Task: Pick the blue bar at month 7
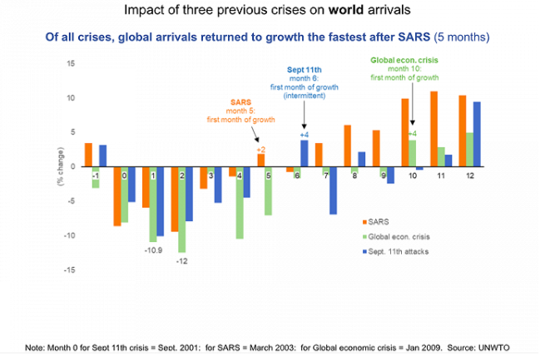[333, 190]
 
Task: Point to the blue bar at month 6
[304, 153]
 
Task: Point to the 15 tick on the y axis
[72, 63]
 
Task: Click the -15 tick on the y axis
[70, 269]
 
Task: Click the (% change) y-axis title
[61, 166]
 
